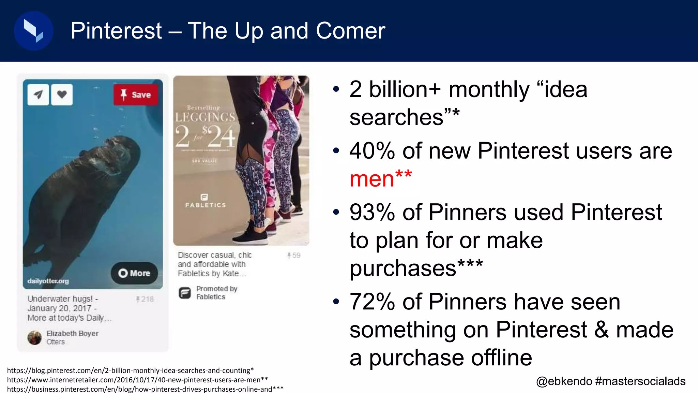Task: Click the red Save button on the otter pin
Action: pyautogui.click(x=136, y=94)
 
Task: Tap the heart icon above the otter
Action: pyautogui.click(x=62, y=94)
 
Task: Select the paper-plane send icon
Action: pyautogui.click(x=38, y=94)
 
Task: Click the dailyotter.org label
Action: pyautogui.click(x=48, y=281)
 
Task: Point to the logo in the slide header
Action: pyautogui.click(x=33, y=31)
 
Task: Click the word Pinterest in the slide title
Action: pyautogui.click(x=116, y=31)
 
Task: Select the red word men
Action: pyautogui.click(x=372, y=179)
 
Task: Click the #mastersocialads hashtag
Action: pyautogui.click(x=640, y=381)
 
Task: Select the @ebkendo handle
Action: pyautogui.click(x=564, y=381)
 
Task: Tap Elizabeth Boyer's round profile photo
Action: pyautogui.click(x=34, y=338)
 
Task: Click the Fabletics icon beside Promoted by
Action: pyautogui.click(x=185, y=293)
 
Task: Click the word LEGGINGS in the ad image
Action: pyautogui.click(x=205, y=117)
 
